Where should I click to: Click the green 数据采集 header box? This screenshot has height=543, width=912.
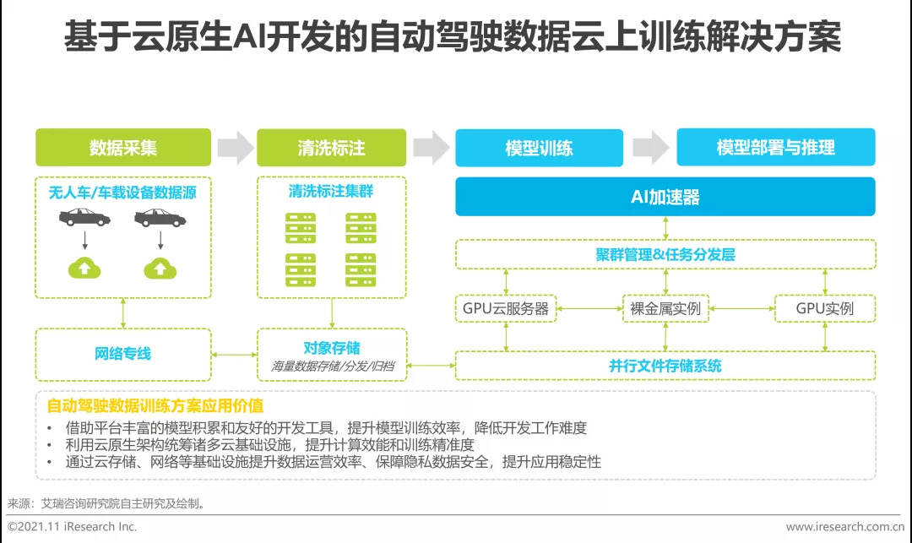point(123,148)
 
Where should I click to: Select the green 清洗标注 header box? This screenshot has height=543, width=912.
point(332,148)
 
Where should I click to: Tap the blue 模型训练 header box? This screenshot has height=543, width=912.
point(539,148)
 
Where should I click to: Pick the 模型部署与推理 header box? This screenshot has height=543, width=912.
point(776,148)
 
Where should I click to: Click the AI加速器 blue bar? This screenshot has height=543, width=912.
point(665,197)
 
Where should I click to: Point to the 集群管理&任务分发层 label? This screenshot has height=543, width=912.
point(665,254)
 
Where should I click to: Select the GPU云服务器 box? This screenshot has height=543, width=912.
point(506,308)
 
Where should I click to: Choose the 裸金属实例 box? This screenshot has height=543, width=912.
point(665,308)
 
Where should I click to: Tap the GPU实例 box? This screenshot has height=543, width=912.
point(825,308)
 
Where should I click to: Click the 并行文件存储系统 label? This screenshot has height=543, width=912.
point(665,366)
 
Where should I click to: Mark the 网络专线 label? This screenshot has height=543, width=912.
point(122,354)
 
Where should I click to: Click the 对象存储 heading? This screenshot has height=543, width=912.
point(332,348)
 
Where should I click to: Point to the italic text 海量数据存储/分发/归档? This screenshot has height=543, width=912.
point(333,367)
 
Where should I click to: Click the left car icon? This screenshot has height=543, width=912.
point(84,217)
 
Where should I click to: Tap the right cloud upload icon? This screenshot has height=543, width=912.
point(160,268)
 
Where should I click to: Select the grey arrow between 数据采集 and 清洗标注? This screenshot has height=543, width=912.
point(235,148)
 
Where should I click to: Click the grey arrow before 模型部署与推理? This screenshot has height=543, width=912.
point(650,148)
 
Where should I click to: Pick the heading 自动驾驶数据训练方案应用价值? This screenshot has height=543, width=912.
point(155,406)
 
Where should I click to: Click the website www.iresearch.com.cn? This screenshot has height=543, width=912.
point(845,527)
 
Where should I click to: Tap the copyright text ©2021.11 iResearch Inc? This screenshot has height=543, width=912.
point(72,527)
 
